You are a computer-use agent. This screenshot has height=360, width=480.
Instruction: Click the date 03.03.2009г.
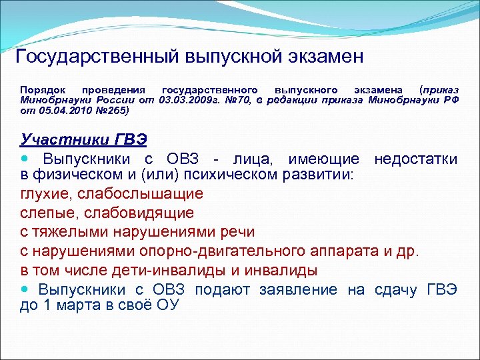pyautogui.click(x=185, y=99)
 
